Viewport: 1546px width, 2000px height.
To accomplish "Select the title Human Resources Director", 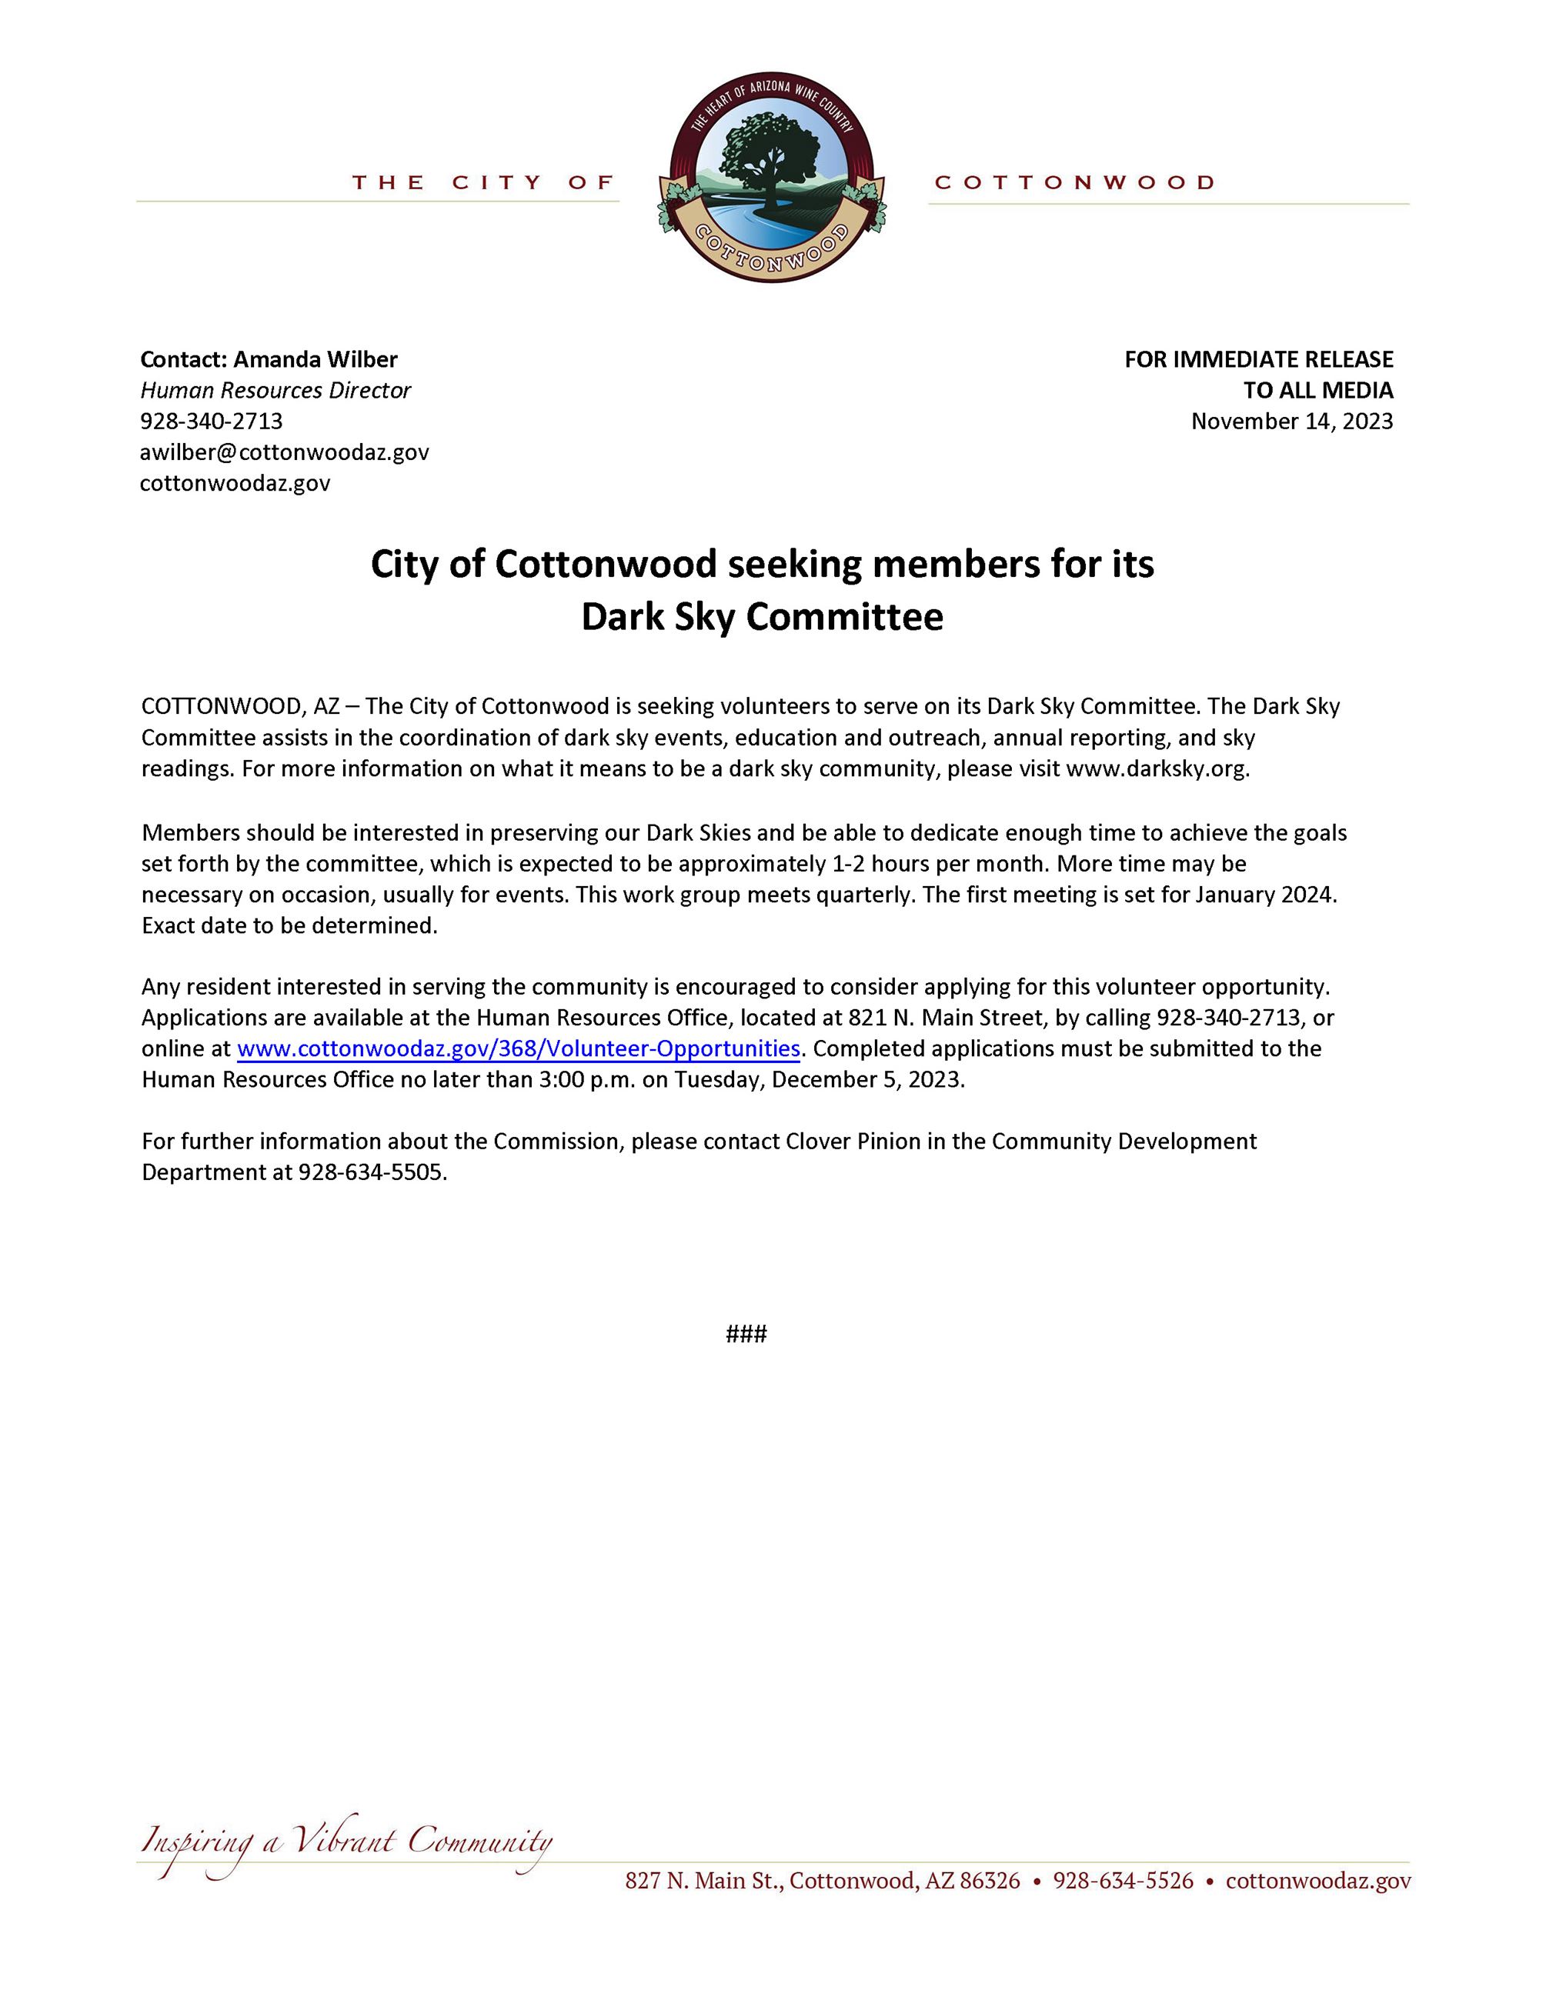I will coord(275,390).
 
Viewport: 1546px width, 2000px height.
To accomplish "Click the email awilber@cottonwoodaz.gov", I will coord(284,452).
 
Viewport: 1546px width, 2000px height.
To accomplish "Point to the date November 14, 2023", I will coord(1291,422).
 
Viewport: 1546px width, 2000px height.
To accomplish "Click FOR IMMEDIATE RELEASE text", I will coord(1258,359).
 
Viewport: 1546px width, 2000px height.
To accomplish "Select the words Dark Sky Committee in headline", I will coord(762,617).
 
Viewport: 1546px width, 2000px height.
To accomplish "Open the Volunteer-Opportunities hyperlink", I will coord(519,1048).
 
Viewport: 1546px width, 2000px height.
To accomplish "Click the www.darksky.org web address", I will coord(1156,768).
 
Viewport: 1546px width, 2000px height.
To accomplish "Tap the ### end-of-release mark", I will coord(746,1333).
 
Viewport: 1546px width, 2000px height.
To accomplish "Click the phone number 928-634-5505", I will coord(371,1172).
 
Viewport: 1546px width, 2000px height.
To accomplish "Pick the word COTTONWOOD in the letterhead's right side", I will coord(1074,182).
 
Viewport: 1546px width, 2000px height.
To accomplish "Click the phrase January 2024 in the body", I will coord(1264,894).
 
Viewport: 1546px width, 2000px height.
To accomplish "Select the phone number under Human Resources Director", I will coord(212,422).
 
